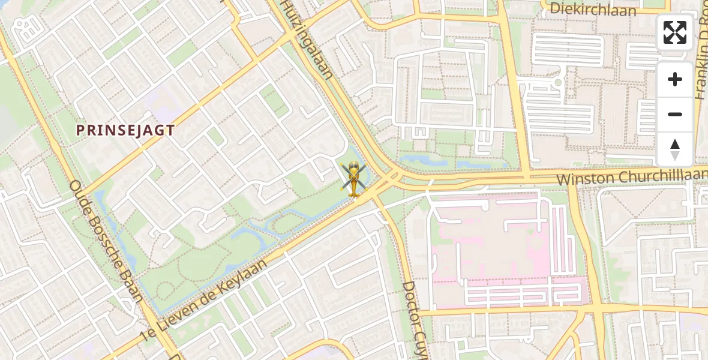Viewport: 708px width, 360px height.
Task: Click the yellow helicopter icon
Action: pos(353,178)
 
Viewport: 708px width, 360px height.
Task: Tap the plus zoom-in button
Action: pos(675,79)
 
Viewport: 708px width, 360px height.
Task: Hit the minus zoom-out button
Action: pos(675,114)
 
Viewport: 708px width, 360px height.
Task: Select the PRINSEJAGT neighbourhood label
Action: pos(125,130)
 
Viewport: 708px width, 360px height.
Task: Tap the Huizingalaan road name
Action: pos(307,40)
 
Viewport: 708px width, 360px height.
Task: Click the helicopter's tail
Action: pos(353,192)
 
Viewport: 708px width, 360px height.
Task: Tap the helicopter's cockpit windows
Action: pos(353,173)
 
